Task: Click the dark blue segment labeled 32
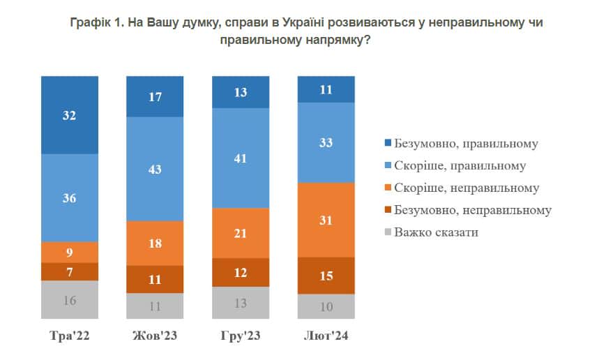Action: pos(70,115)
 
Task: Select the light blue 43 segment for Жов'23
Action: pos(155,169)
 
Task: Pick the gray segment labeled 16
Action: pos(70,301)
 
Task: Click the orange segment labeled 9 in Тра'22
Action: pos(70,252)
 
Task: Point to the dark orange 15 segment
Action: pos(326,276)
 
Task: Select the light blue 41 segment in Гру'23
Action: pos(241,158)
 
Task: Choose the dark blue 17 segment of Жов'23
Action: pos(155,96)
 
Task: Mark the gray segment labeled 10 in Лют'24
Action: pos(326,306)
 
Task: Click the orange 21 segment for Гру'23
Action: pos(241,232)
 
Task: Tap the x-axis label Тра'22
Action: pos(70,337)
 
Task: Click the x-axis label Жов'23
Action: pos(155,337)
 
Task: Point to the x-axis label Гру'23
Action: pos(241,337)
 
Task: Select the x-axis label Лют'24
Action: pos(326,337)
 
